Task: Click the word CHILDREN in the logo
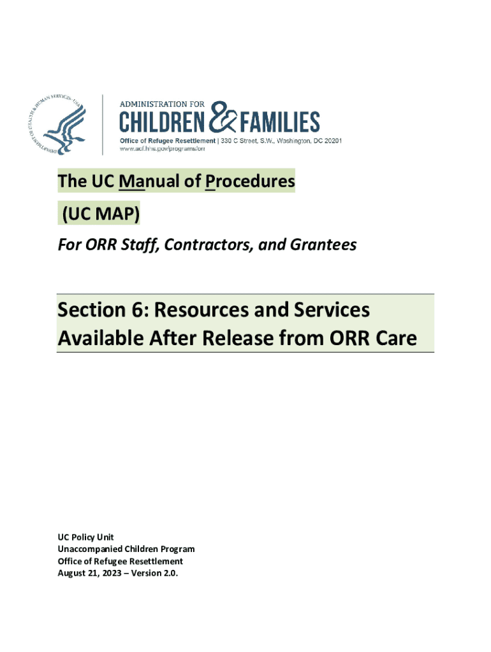[163, 122]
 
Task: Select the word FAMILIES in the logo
[280, 122]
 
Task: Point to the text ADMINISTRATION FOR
[162, 104]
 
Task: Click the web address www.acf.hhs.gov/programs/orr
[162, 148]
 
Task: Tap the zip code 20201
[333, 141]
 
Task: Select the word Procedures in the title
[250, 181]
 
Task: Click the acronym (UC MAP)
[101, 213]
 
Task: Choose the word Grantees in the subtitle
[323, 244]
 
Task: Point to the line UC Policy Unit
[86, 537]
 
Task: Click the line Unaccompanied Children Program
[126, 549]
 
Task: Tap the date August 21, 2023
[89, 573]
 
